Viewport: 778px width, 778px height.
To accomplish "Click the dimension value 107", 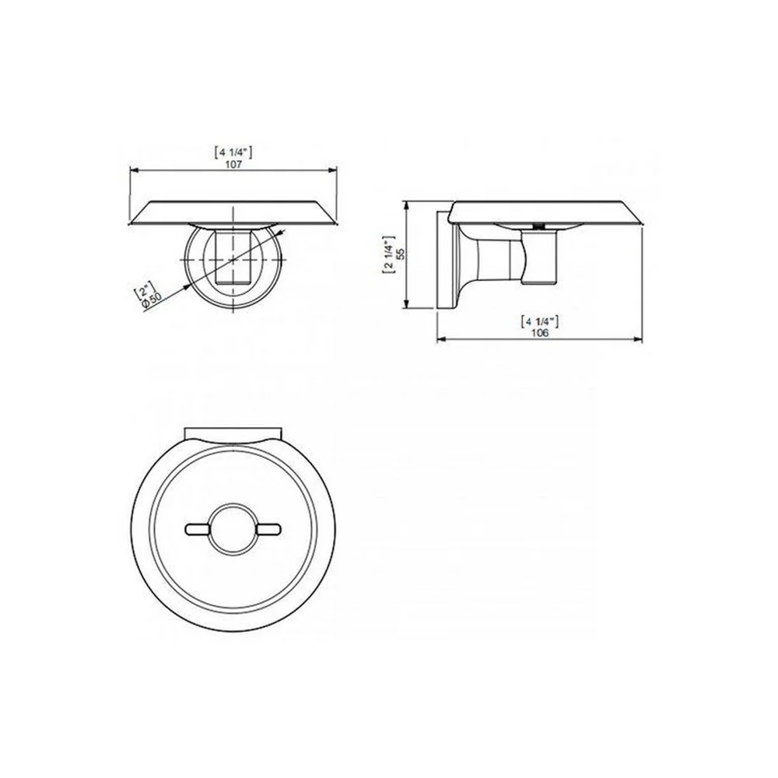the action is pyautogui.click(x=233, y=163).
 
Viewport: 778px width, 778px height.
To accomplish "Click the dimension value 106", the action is pyautogui.click(x=540, y=333).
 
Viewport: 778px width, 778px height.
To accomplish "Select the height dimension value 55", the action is pyautogui.click(x=401, y=254).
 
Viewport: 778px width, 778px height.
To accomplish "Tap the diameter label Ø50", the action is pyautogui.click(x=152, y=300).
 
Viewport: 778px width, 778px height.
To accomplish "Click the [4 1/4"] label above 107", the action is pyautogui.click(x=233, y=152).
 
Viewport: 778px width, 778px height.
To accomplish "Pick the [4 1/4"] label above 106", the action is pyautogui.click(x=540, y=321).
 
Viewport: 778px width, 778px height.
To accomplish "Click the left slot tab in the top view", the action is pyautogui.click(x=198, y=529).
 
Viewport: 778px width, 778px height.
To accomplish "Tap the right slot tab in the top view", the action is pyautogui.click(x=269, y=529).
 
